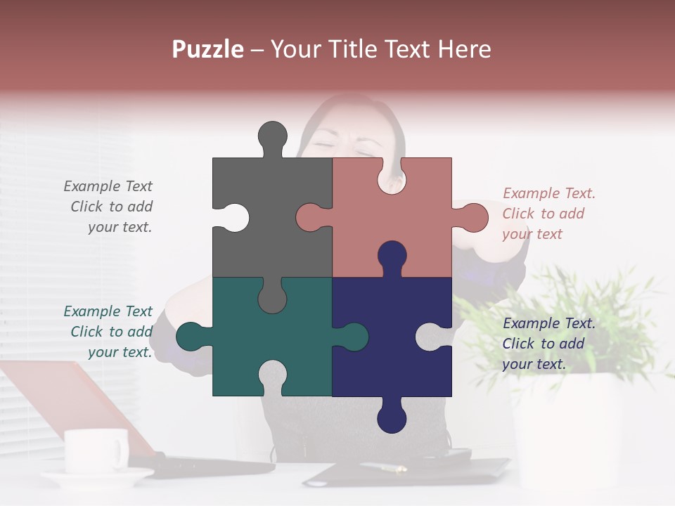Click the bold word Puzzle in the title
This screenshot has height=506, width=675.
[207, 49]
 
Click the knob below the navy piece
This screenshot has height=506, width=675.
[392, 419]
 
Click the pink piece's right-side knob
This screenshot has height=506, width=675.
[474, 217]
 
